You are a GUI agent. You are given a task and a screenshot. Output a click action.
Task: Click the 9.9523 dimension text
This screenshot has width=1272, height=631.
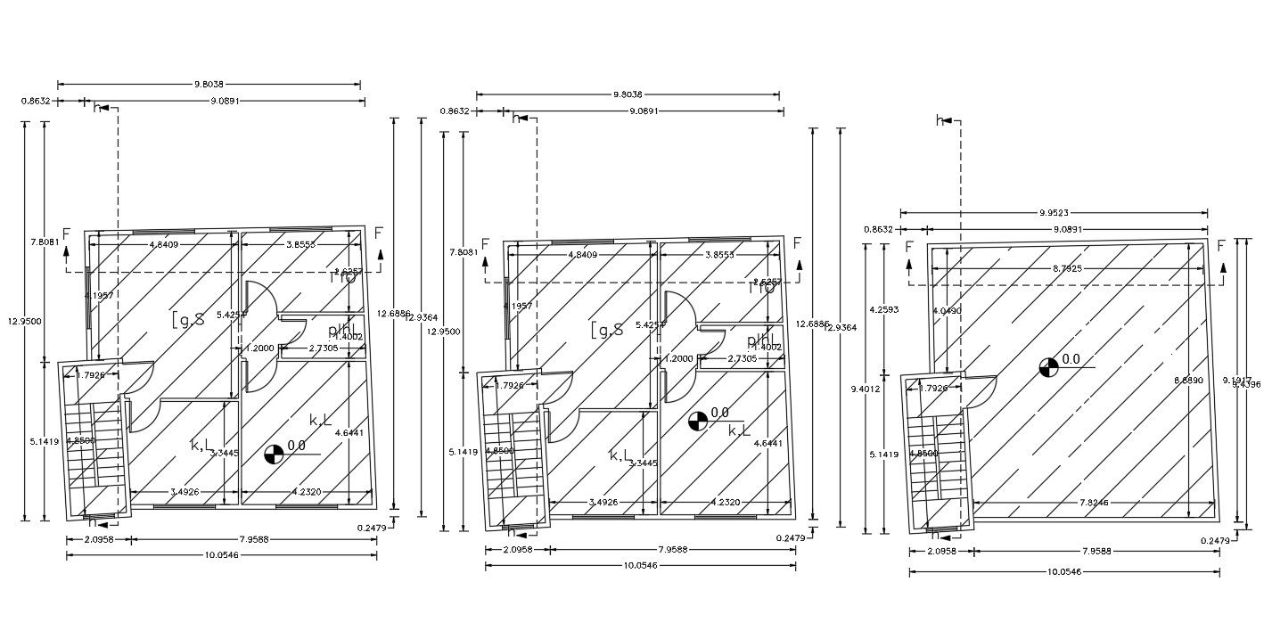[x=1055, y=213]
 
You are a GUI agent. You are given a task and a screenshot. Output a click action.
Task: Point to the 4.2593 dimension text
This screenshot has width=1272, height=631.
[x=883, y=309]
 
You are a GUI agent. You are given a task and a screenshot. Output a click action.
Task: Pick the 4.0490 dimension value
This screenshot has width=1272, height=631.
[x=948, y=310]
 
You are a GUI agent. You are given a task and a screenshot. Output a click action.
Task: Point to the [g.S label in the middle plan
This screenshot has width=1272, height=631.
[x=606, y=331]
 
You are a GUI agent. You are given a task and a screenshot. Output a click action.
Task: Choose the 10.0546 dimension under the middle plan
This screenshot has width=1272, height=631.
[x=640, y=566]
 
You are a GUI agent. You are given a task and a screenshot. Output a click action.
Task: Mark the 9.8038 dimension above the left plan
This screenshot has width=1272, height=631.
[x=209, y=85]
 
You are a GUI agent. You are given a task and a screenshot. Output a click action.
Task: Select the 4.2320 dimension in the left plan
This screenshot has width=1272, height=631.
[x=306, y=491]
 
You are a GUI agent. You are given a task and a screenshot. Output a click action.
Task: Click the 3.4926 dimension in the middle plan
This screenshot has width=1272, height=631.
[x=605, y=503]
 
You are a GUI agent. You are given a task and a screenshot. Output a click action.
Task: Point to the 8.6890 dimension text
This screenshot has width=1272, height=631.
[x=1189, y=380]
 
